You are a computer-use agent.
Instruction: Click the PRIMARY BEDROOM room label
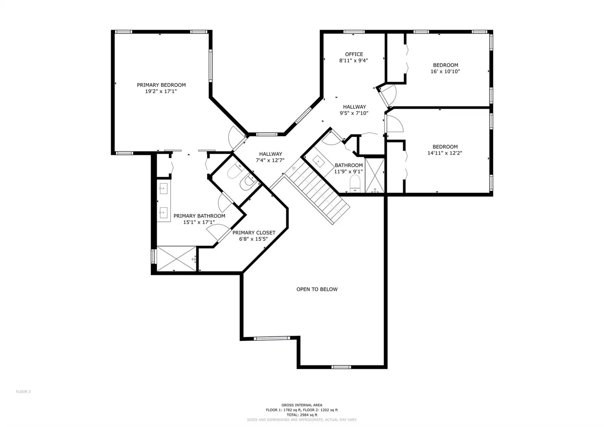tap(161, 85)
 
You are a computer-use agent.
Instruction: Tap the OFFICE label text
tap(354, 54)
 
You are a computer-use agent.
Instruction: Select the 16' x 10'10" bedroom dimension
tap(445, 72)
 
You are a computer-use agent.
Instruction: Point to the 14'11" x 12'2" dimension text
tap(445, 153)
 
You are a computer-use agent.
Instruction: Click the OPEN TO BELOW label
tap(317, 289)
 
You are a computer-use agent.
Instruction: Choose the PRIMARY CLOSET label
tap(254, 232)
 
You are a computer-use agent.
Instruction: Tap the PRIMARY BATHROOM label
tap(199, 216)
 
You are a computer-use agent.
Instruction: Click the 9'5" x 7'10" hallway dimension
tap(354, 113)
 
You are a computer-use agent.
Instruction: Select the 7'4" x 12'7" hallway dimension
tap(270, 161)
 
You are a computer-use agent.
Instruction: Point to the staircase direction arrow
tap(294, 169)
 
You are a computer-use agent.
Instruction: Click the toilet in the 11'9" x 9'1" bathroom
tap(355, 183)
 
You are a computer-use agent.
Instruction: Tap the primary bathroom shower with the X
tap(176, 259)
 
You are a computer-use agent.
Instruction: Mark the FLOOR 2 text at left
tap(23, 392)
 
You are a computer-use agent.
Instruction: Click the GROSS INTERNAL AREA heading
tap(302, 405)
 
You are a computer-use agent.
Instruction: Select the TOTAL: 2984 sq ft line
tap(302, 415)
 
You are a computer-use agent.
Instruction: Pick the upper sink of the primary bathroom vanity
tap(164, 189)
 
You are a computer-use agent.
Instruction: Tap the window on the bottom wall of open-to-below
tap(341, 367)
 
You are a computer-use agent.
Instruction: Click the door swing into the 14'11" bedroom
tap(395, 124)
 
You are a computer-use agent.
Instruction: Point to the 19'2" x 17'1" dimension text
tap(161, 91)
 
